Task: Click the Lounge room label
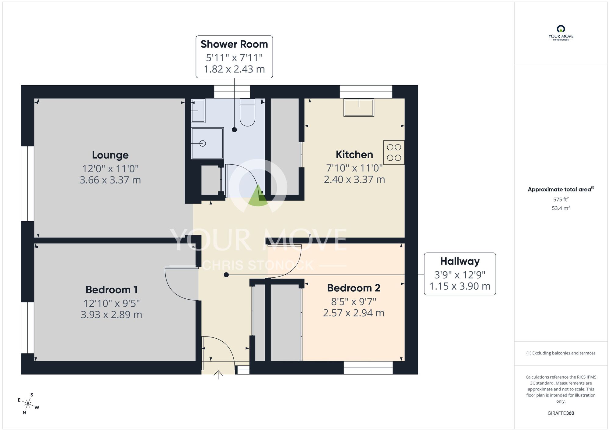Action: click(110, 155)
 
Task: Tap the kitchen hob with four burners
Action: click(394, 152)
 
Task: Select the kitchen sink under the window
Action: click(359, 108)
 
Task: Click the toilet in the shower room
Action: click(247, 113)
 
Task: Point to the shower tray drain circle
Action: click(203, 143)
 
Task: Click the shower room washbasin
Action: click(198, 111)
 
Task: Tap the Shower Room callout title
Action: click(234, 45)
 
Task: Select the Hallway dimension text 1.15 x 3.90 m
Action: click(460, 286)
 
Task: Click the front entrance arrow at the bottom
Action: click(218, 375)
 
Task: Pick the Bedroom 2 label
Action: click(353, 288)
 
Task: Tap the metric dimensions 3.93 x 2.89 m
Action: click(111, 315)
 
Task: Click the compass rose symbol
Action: click(28, 404)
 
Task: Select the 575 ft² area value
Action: click(561, 199)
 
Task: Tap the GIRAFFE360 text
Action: click(561, 413)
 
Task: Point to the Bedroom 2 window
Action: click(368, 368)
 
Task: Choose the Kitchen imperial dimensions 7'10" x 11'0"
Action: click(354, 168)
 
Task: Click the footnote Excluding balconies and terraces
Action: click(561, 353)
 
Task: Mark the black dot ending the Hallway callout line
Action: click(226, 275)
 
